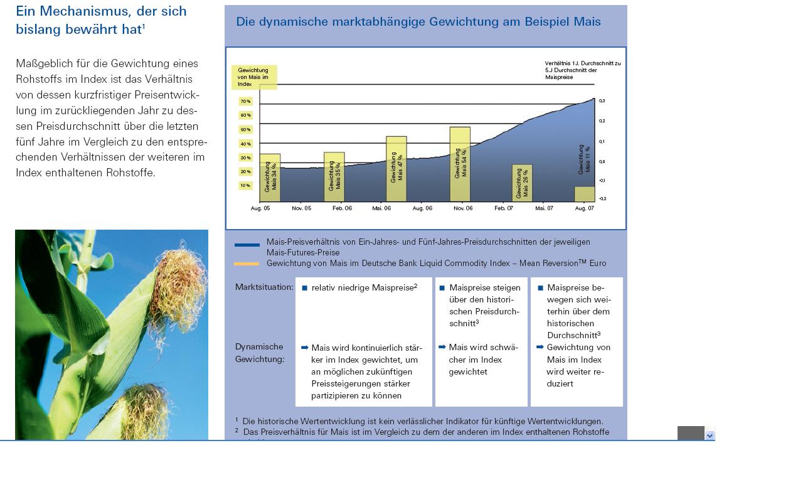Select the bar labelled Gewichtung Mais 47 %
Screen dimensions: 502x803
click(396, 168)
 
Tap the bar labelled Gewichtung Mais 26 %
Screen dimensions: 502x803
click(522, 183)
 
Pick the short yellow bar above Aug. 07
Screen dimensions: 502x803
click(584, 194)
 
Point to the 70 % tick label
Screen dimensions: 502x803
click(245, 101)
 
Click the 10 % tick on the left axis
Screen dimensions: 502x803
click(245, 186)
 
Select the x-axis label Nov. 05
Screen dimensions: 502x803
click(301, 208)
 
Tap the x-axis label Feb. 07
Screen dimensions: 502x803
click(503, 208)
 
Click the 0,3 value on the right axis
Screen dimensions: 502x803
click(602, 100)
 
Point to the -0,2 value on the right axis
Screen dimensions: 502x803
click(602, 198)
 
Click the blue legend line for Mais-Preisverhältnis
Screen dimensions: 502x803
click(247, 245)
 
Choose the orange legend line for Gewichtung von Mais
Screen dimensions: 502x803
click(247, 264)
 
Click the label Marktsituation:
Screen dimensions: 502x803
click(264, 287)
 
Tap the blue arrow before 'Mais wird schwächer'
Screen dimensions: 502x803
click(442, 347)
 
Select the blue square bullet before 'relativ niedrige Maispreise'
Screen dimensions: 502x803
click(305, 288)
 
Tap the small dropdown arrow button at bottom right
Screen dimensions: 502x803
click(710, 435)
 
